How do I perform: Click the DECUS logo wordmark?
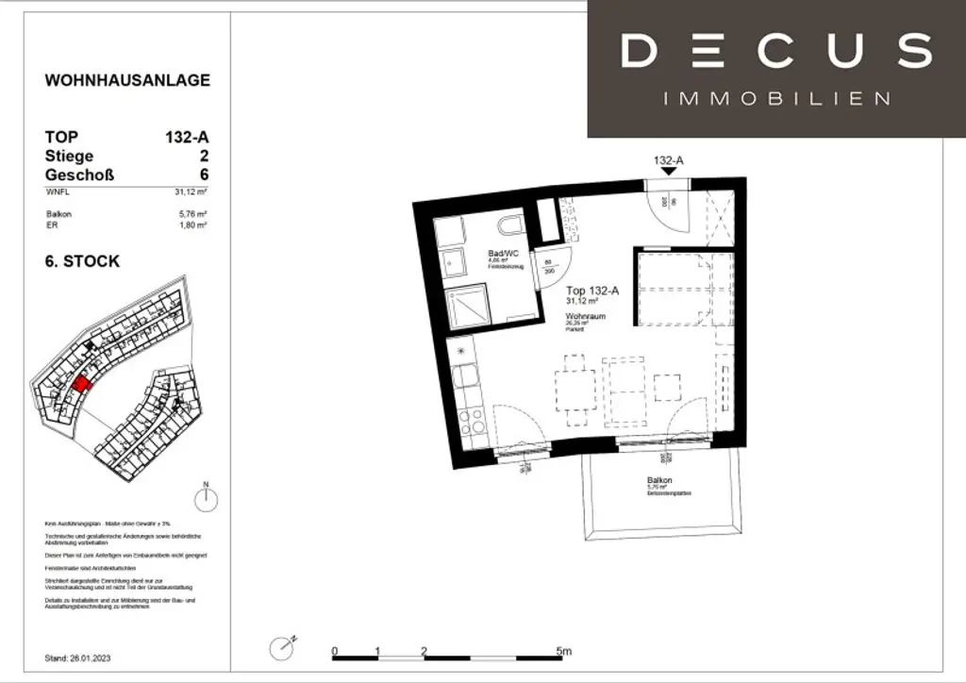[776, 50]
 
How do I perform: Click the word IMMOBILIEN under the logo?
[776, 99]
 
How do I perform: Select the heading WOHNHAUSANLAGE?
[127, 80]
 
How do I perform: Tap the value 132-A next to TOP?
[187, 137]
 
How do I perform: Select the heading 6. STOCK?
[83, 261]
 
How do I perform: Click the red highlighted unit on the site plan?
[82, 386]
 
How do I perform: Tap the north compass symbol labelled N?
[206, 497]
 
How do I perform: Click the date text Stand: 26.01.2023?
[83, 657]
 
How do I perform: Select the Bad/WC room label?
[504, 254]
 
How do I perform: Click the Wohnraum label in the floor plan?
[585, 316]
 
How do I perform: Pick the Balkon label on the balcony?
[659, 480]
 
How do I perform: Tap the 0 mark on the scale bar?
[335, 651]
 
